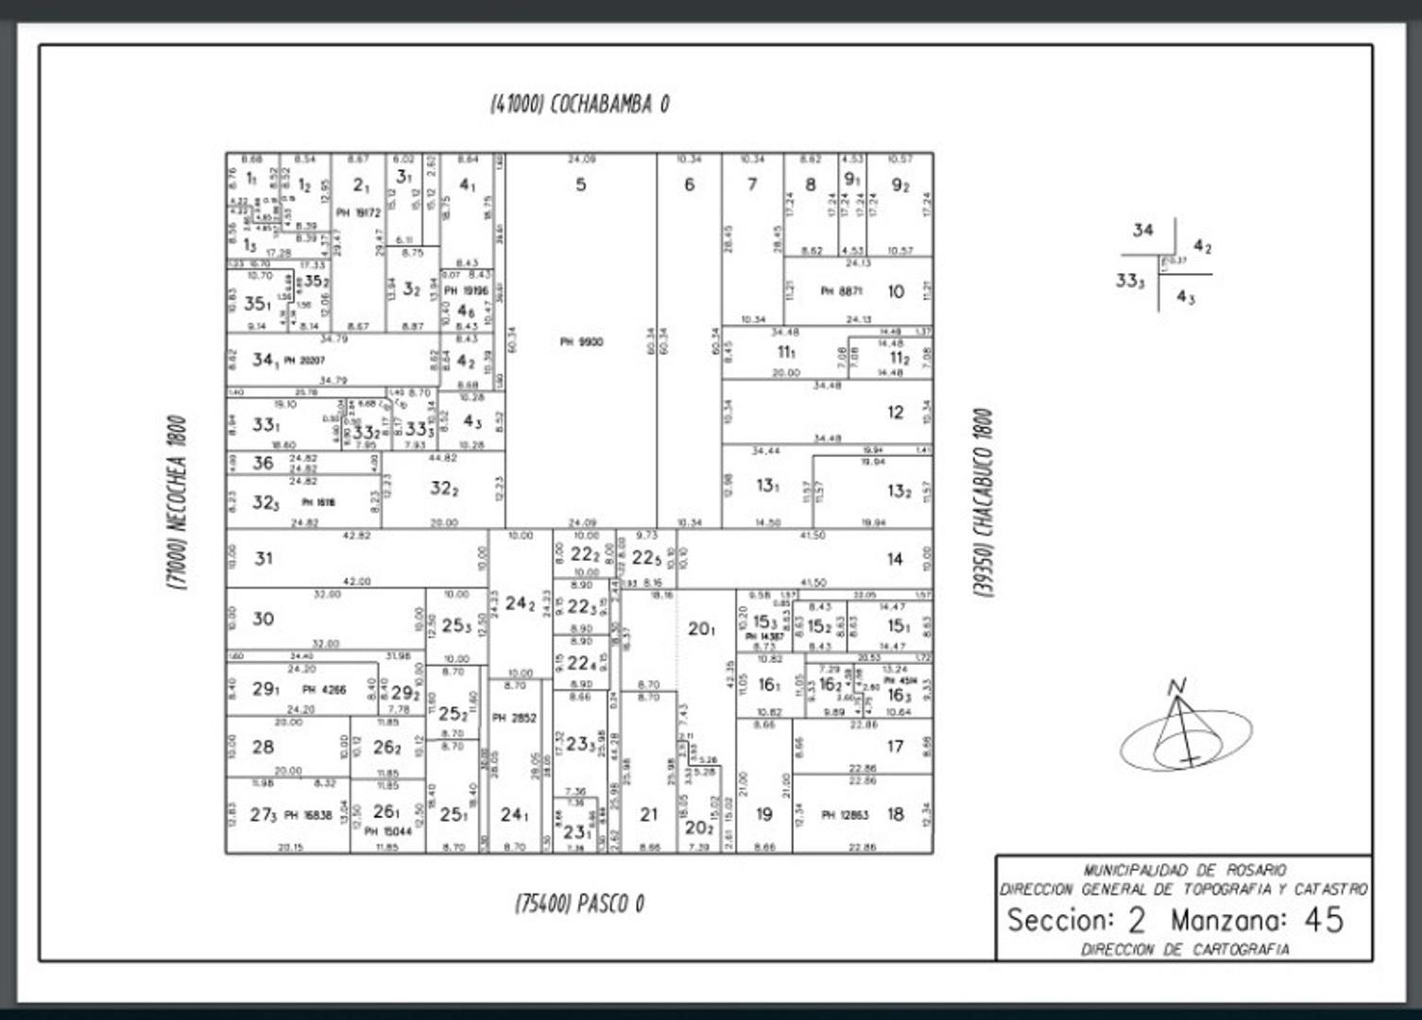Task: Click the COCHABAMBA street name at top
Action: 579,104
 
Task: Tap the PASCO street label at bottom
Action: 579,904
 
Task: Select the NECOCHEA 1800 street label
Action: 178,502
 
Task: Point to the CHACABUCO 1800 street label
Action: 984,502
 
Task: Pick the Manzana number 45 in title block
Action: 1324,920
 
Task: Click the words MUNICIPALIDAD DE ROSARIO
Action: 1184,870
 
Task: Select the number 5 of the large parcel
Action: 581,185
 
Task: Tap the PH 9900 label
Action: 580,342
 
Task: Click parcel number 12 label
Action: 895,413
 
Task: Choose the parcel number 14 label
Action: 895,559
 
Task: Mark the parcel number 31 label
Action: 264,559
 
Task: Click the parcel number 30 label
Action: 264,620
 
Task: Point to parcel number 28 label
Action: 264,747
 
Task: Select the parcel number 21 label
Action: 648,815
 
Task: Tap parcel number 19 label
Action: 763,815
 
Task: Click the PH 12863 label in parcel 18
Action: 843,815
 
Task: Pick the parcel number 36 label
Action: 263,463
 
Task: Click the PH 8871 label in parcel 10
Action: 841,292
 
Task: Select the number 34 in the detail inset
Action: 1142,230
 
